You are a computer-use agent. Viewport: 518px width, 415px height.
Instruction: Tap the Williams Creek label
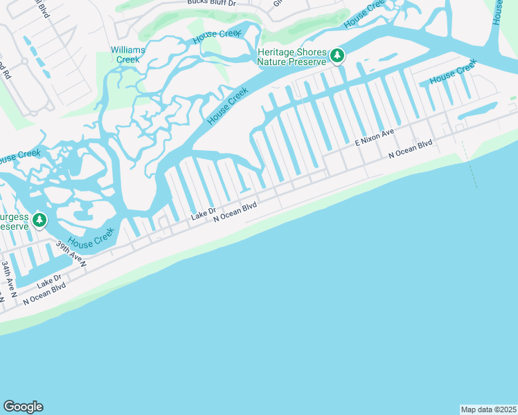pos(128,55)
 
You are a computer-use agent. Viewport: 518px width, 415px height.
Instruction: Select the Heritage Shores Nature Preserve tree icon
pos(337,55)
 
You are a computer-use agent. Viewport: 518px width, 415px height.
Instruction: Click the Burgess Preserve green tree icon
pos(39,220)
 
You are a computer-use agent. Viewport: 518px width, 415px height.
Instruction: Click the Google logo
pos(23,407)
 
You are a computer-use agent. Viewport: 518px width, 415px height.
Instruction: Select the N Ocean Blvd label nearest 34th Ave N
pos(46,293)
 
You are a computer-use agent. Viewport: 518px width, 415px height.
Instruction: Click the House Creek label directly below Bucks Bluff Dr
pos(216,34)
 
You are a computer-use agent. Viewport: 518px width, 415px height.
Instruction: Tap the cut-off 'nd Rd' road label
pos(3,69)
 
